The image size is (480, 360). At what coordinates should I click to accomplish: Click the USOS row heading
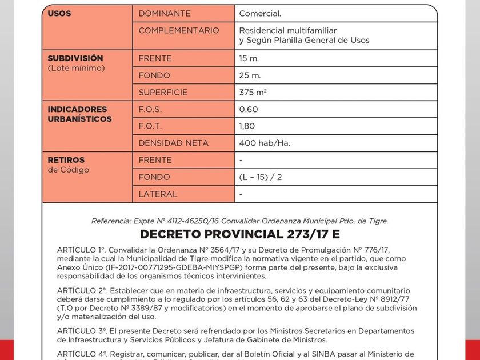click(x=59, y=13)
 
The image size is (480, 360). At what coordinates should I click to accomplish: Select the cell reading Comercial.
click(x=260, y=13)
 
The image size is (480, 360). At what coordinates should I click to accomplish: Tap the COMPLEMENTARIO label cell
click(x=178, y=30)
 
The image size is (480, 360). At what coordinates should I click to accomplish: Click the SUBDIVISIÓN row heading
click(x=75, y=58)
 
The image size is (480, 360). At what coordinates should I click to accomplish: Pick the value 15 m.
click(x=249, y=58)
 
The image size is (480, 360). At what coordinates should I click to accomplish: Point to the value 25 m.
click(x=250, y=75)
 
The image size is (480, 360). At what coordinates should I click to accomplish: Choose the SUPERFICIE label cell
click(x=163, y=93)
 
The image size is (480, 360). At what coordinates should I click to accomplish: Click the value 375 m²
click(x=253, y=93)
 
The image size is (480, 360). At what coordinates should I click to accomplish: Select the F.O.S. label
click(x=150, y=109)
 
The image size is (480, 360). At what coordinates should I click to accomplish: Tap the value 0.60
click(x=249, y=109)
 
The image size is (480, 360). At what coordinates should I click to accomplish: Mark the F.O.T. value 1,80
click(x=247, y=126)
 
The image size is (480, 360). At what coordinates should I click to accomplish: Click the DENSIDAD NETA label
click(x=173, y=143)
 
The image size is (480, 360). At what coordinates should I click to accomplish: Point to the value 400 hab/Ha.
click(x=264, y=143)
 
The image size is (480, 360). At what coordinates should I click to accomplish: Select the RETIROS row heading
click(x=66, y=160)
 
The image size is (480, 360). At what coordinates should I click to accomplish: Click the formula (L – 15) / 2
click(x=260, y=177)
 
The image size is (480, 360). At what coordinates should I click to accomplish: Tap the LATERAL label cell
click(x=158, y=194)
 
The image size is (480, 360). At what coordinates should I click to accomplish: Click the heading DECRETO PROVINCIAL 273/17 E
click(x=240, y=234)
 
